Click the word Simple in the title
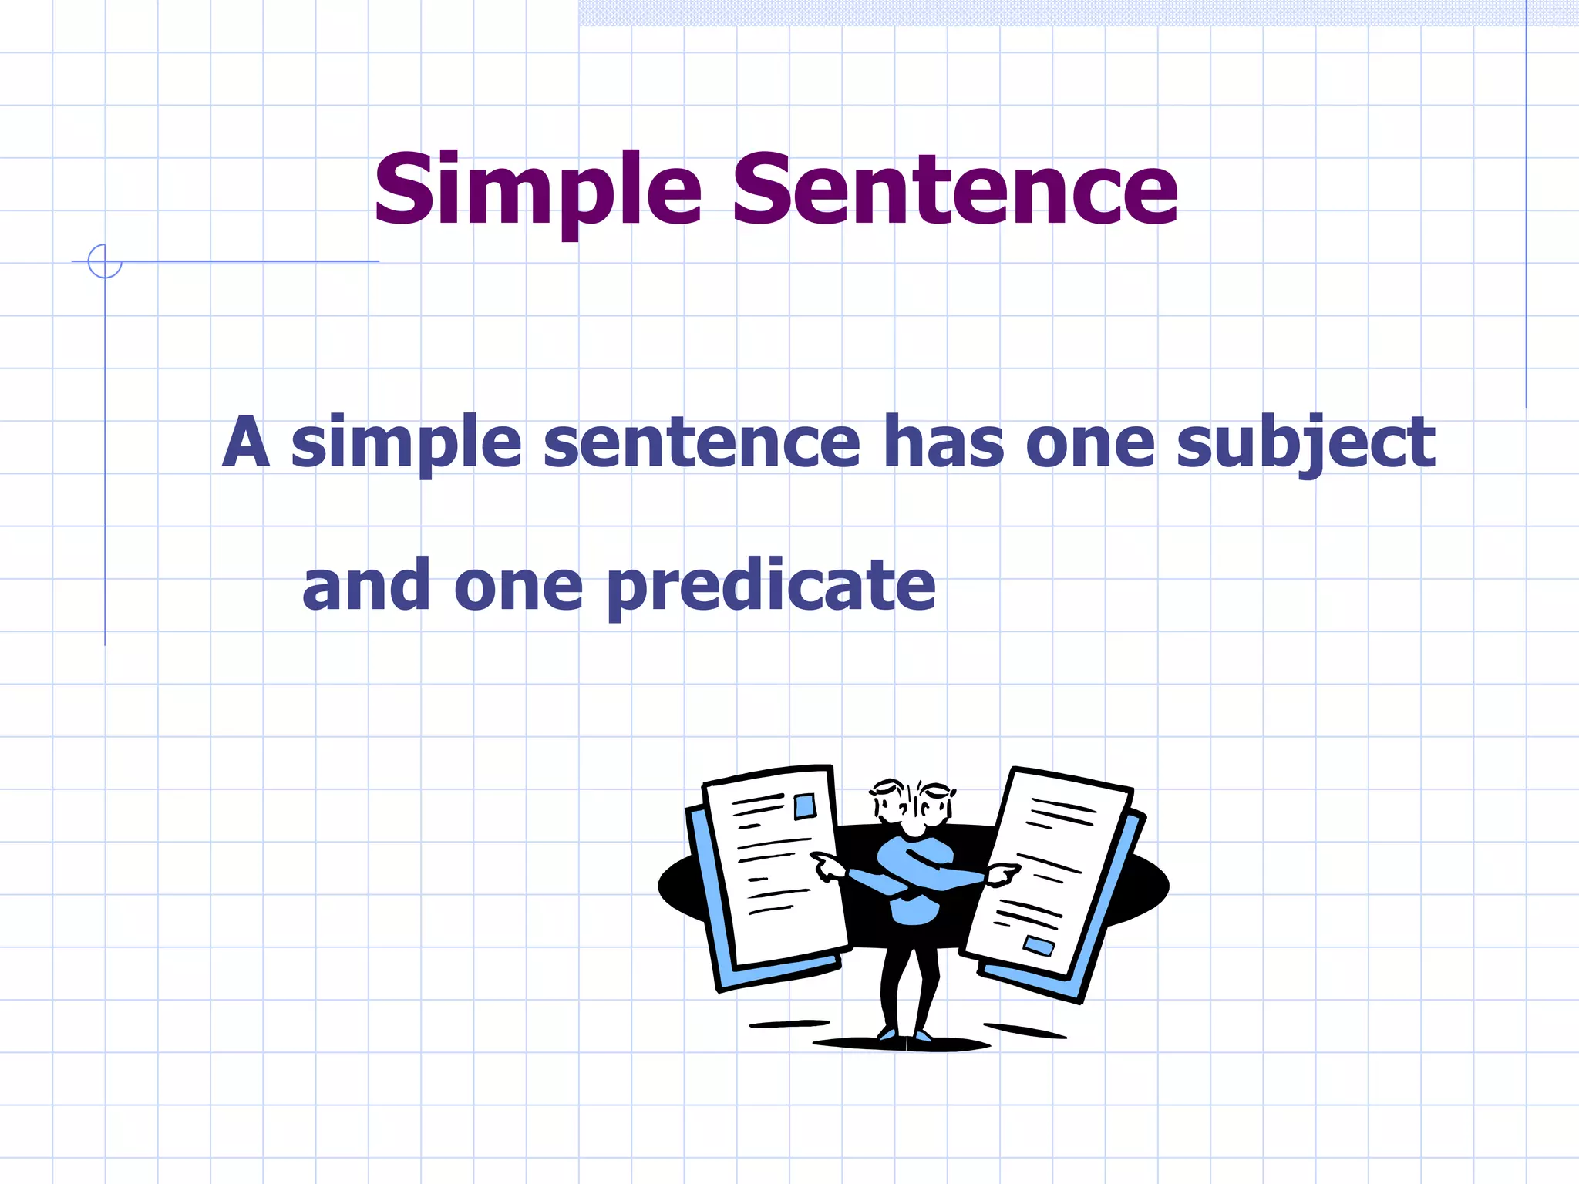[x=537, y=190]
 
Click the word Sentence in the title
[x=954, y=190]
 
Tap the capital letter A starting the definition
[x=246, y=442]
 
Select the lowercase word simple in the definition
[x=406, y=444]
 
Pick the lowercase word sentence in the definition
[x=702, y=444]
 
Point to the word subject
[x=1305, y=444]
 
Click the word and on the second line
[x=365, y=586]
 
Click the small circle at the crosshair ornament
[x=105, y=261]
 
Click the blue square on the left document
[x=805, y=806]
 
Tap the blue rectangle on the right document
[x=1039, y=946]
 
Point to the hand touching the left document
[x=827, y=868]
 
